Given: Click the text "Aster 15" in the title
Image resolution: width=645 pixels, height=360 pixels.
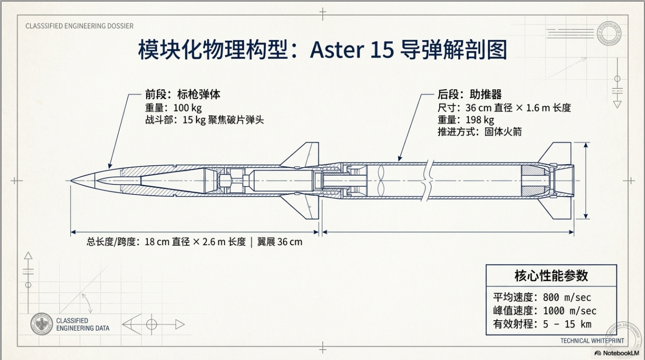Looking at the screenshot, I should click(352, 51).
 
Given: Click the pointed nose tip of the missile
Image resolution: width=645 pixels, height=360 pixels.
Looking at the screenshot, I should click(72, 180).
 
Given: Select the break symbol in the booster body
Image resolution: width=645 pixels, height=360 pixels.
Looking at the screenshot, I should click(430, 180).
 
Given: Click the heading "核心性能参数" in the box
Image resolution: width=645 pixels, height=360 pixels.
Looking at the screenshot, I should click(551, 275).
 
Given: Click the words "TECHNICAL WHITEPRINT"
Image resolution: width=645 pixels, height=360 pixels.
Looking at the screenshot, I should click(592, 341).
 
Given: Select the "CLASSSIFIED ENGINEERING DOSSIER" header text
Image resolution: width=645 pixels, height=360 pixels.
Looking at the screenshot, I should click(79, 26).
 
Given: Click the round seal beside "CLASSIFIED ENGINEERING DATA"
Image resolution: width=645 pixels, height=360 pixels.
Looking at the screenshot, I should click(42, 324).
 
